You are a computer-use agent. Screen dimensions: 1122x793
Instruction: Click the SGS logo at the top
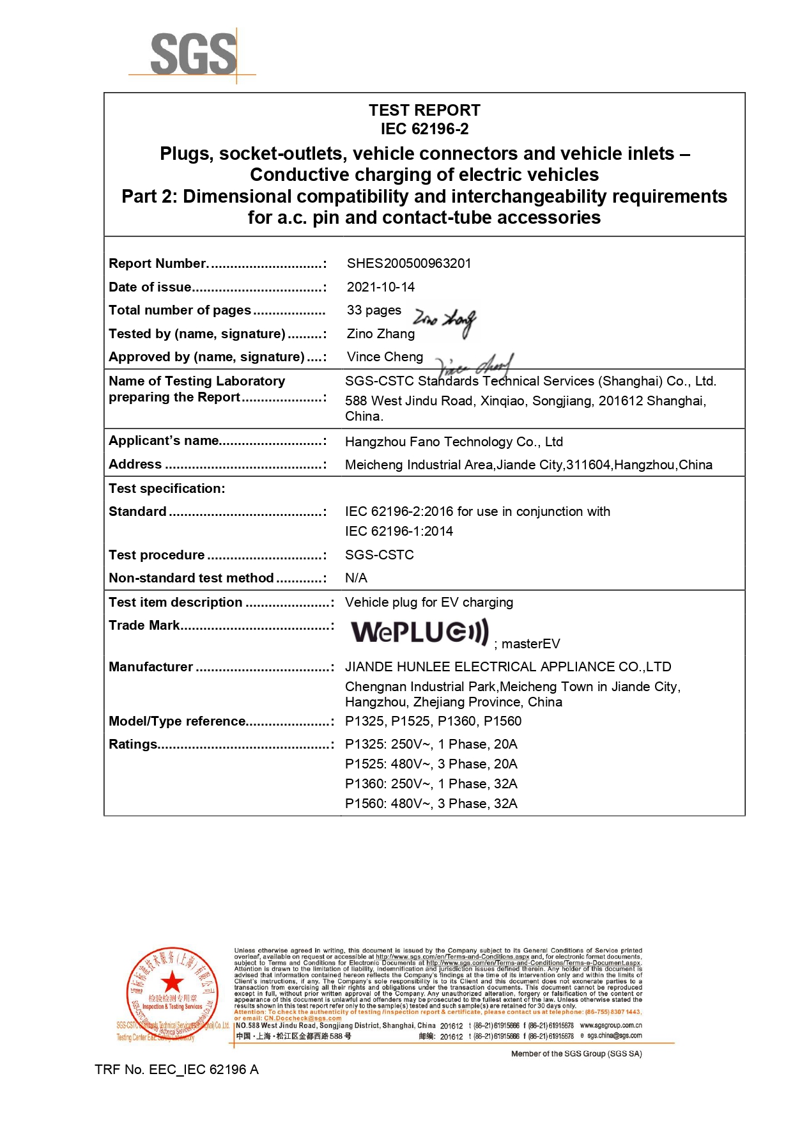click(x=193, y=55)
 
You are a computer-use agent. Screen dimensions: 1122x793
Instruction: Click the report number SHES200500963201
click(x=409, y=263)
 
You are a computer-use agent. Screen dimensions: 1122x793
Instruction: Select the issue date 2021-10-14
click(x=381, y=287)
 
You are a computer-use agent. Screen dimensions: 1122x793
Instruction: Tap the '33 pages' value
click(x=374, y=310)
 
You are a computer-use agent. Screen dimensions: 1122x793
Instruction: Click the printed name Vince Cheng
click(x=385, y=357)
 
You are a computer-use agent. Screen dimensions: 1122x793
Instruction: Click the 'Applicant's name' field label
click(x=164, y=440)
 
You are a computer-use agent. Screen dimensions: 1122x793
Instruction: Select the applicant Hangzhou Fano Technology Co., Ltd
click(x=454, y=442)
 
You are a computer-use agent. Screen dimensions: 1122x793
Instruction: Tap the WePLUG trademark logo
click(x=420, y=632)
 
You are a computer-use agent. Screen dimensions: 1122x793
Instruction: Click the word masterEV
click(x=530, y=644)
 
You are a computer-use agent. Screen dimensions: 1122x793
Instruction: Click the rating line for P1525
click(x=431, y=764)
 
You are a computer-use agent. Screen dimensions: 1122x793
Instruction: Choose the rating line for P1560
click(x=431, y=804)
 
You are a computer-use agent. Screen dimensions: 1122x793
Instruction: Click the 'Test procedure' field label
click(x=157, y=555)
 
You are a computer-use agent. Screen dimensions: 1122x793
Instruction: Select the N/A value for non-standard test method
click(x=356, y=578)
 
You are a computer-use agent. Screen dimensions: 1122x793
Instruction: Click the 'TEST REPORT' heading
click(x=424, y=111)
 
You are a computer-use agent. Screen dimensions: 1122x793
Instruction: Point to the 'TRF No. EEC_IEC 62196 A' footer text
click(x=176, y=1070)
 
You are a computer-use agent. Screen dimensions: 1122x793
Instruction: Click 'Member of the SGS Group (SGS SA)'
click(x=576, y=1054)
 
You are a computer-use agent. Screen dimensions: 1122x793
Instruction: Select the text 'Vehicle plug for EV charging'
click(x=429, y=602)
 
